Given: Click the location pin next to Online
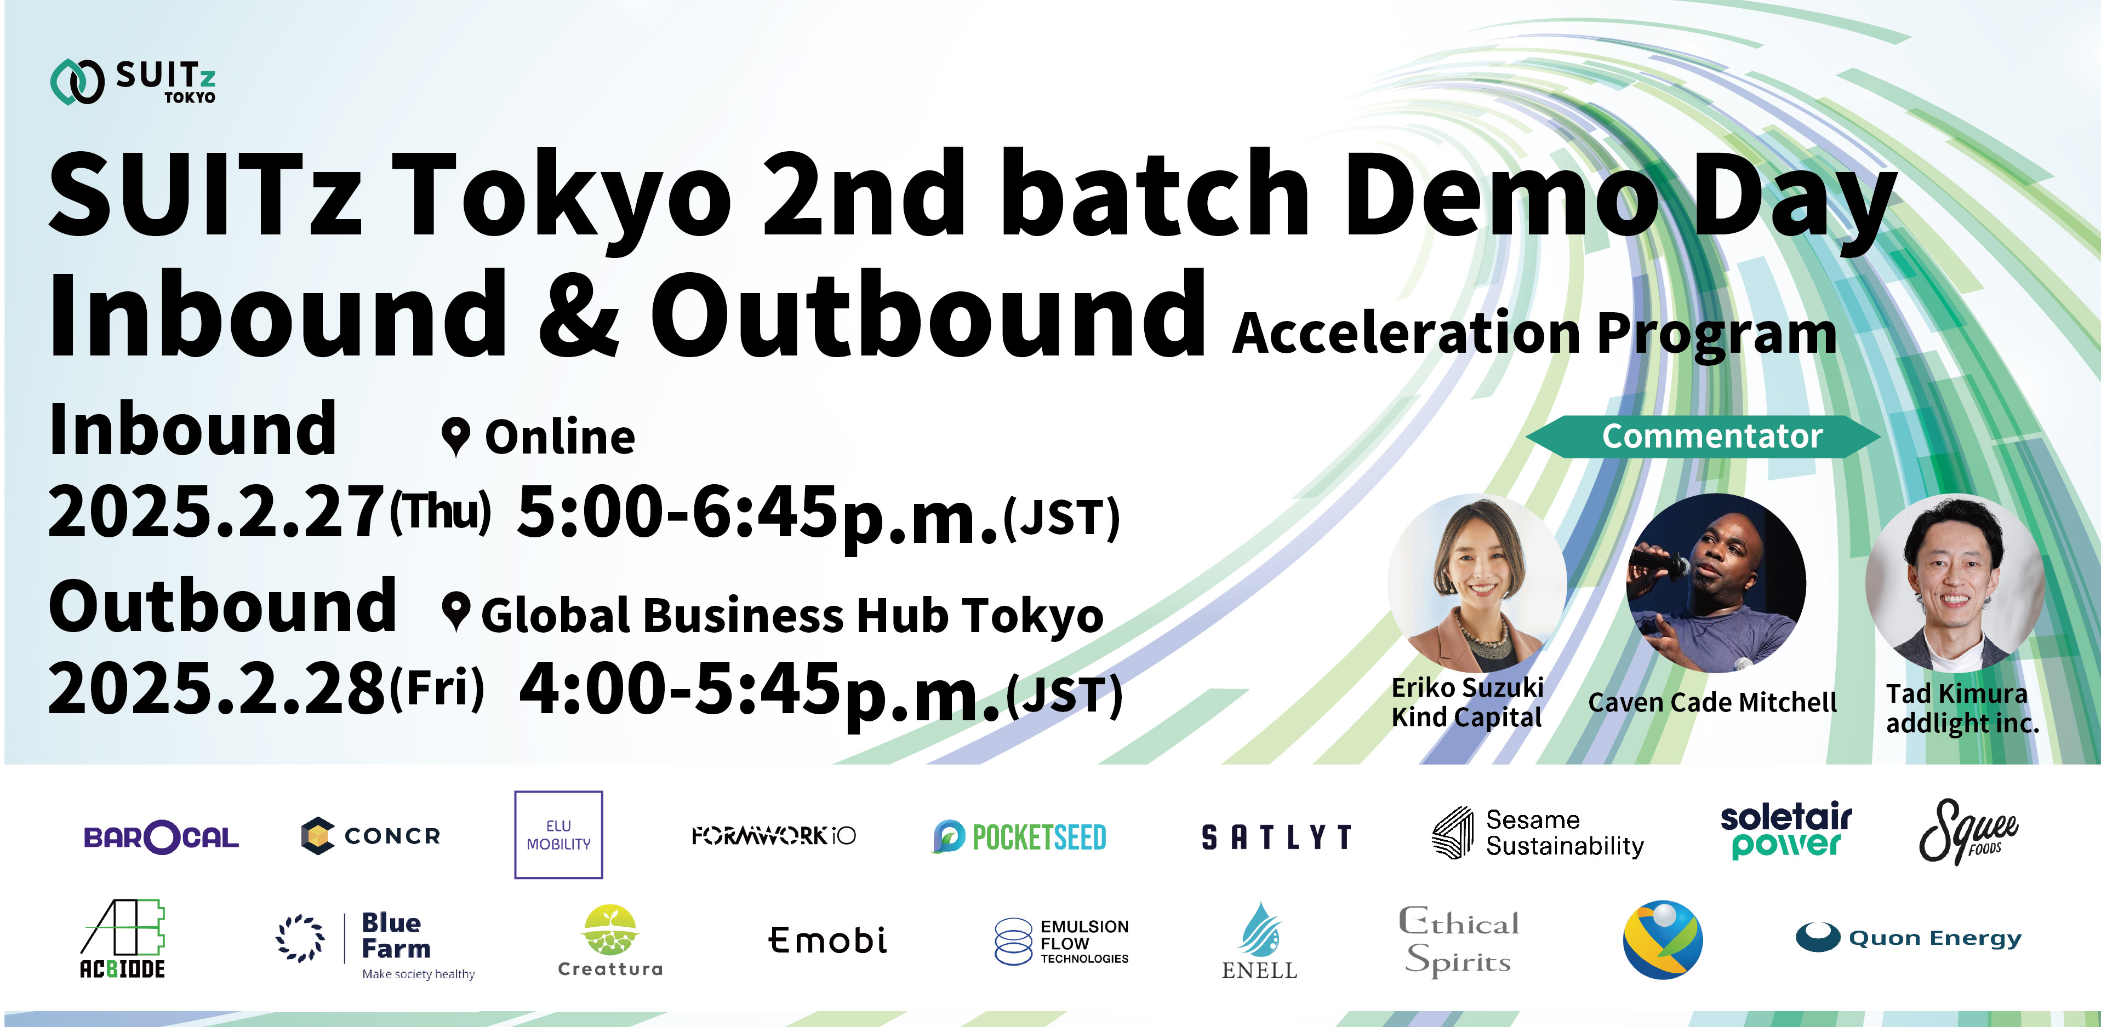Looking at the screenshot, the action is pyautogui.click(x=455, y=438).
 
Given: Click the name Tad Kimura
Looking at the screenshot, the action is pyautogui.click(x=1956, y=693).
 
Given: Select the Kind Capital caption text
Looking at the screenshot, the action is pyautogui.click(x=1466, y=718).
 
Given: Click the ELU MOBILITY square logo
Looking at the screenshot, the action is pyautogui.click(x=559, y=835).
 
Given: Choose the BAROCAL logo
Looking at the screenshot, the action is pyautogui.click(x=162, y=836).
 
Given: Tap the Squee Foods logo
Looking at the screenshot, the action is pyautogui.click(x=1967, y=831).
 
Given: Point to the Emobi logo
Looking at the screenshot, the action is pyautogui.click(x=827, y=940).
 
